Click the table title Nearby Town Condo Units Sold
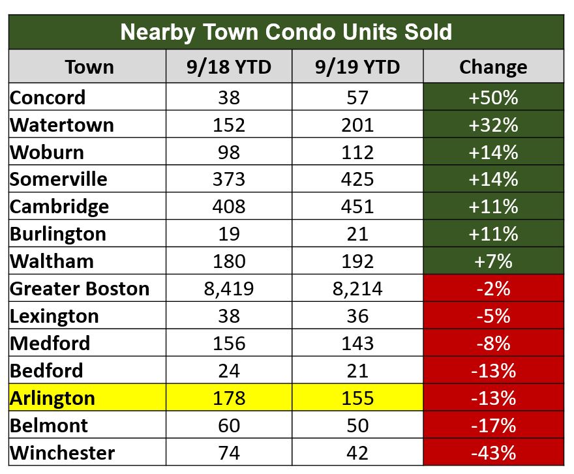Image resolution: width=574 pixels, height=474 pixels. (x=286, y=32)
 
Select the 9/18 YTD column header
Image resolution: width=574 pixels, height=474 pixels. (x=229, y=67)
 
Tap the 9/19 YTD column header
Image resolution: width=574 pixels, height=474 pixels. (x=357, y=67)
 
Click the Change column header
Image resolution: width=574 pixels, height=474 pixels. (x=492, y=67)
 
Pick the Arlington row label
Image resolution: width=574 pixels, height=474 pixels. (x=53, y=398)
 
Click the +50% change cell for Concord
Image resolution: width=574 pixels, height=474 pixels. (x=492, y=97)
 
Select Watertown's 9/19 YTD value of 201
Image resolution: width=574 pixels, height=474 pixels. (x=357, y=125)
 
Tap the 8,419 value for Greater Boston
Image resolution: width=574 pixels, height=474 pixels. (x=229, y=288)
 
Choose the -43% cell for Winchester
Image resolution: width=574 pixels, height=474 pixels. (x=492, y=452)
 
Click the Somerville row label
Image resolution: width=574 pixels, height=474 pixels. (x=59, y=179)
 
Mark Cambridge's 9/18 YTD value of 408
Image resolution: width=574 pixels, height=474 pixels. (x=229, y=207)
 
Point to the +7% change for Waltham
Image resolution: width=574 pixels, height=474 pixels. (x=492, y=261)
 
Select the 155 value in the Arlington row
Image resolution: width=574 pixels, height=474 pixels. (x=357, y=398)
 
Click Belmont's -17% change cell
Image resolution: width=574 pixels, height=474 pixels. (x=492, y=425)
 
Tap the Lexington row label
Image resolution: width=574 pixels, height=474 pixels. (x=55, y=316)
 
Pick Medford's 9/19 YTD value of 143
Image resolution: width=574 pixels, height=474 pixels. (x=357, y=343)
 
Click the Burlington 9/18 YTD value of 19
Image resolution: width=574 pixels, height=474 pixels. (x=229, y=233)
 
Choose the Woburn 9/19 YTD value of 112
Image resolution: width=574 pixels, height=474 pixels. (x=357, y=152)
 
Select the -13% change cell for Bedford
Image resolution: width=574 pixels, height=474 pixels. (x=492, y=370)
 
